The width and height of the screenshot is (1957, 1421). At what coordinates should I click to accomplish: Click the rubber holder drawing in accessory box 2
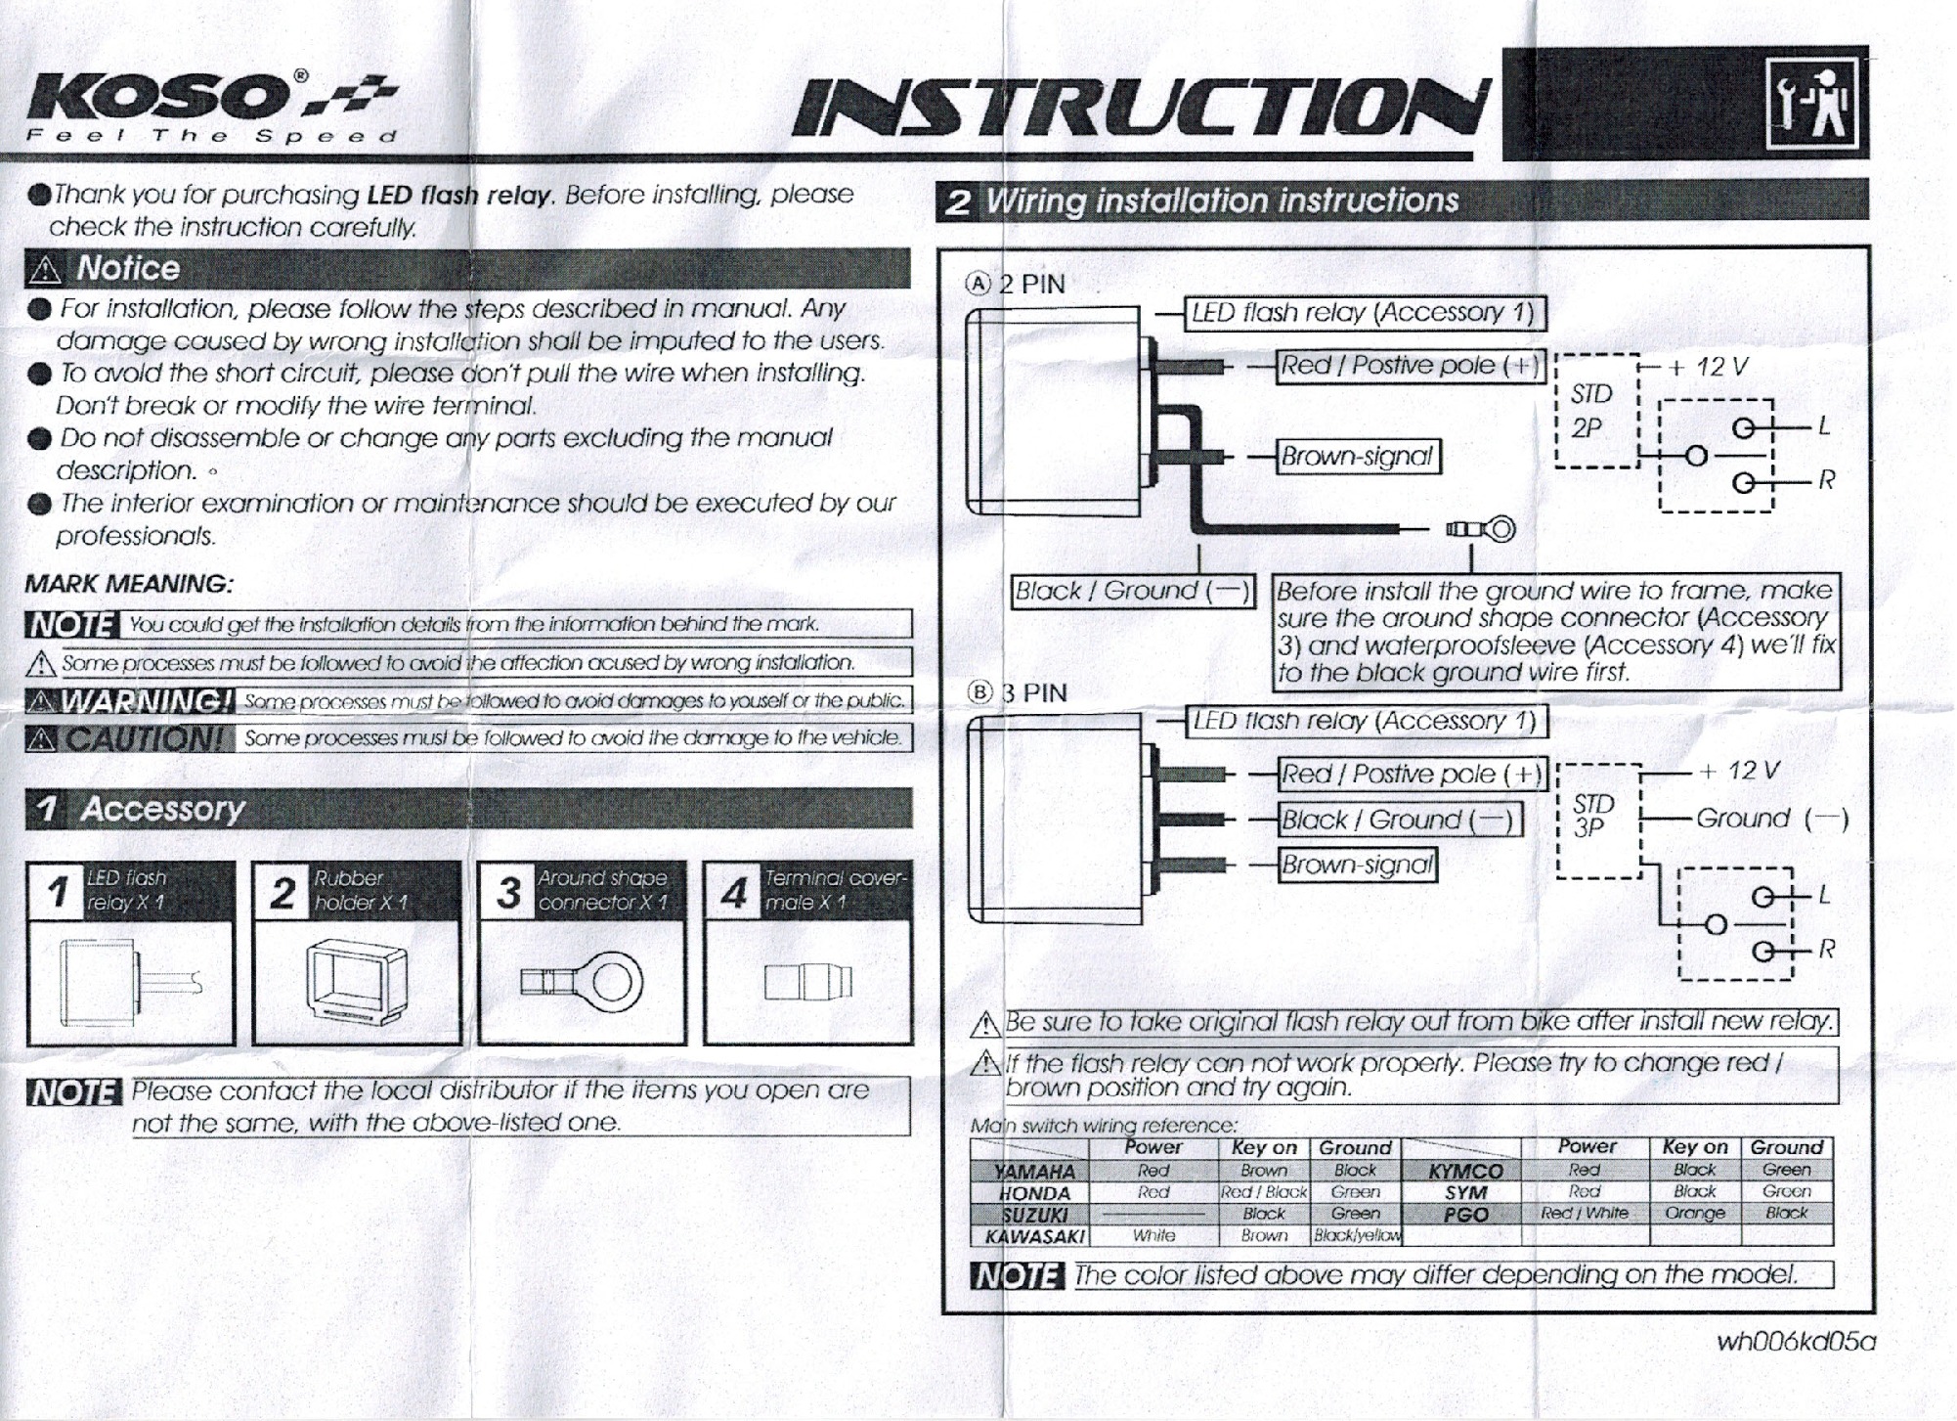(356, 982)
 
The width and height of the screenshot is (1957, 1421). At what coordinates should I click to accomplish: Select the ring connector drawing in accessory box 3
(582, 982)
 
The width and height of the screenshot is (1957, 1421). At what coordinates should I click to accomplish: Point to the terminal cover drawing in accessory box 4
(808, 982)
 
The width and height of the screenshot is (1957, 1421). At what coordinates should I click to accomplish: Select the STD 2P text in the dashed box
(1592, 412)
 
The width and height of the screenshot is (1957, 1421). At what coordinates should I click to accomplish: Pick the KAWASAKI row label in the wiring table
(1035, 1235)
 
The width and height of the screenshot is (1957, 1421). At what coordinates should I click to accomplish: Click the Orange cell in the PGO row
(1694, 1214)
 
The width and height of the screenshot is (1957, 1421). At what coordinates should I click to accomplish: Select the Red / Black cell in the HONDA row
(1264, 1192)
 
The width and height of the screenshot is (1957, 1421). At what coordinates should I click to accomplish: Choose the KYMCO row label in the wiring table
(1465, 1171)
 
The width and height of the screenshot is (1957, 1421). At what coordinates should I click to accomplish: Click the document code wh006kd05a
(1796, 1342)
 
